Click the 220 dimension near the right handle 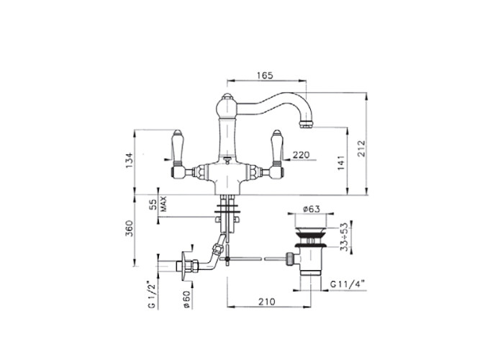point(302,155)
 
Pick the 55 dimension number point(153,205)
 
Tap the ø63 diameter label point(311,209)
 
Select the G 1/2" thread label point(153,294)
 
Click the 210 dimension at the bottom point(266,301)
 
